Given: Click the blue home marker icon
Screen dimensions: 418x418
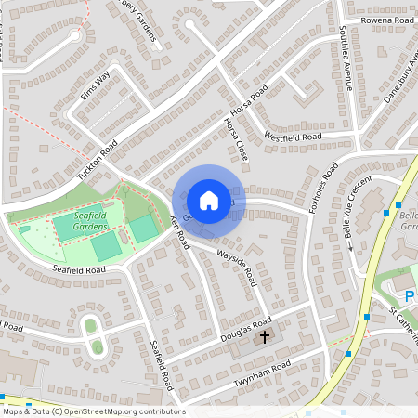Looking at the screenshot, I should click(209, 201).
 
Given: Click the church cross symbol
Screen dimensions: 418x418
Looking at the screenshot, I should click(265, 334).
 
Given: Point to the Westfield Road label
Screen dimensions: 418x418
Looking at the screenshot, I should click(293, 137).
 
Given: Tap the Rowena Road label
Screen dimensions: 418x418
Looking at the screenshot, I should click(388, 19).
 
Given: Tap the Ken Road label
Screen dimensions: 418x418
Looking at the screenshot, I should click(179, 232).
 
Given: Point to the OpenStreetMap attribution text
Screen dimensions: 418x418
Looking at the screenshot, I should click(94, 411).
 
